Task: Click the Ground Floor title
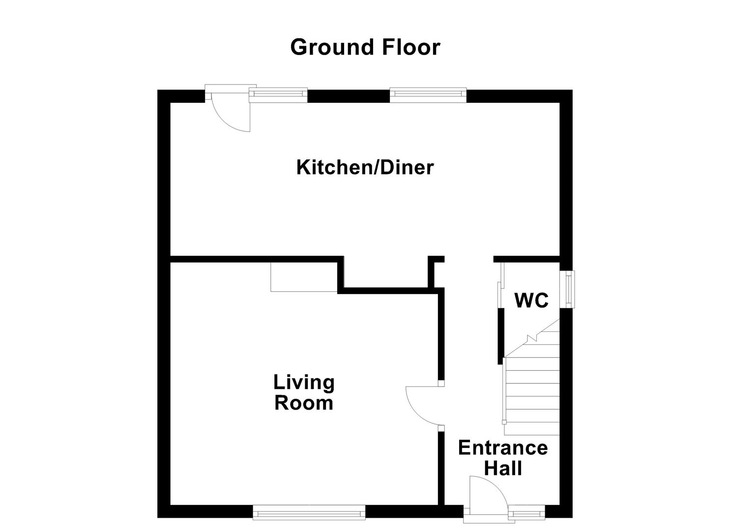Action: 365,47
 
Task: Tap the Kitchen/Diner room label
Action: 365,168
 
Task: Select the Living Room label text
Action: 304,392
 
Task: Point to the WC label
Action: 531,300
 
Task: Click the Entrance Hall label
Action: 502,458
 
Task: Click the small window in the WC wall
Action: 569,290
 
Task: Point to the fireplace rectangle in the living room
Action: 304,277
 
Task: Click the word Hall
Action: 502,468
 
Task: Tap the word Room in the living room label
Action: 304,403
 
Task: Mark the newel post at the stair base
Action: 504,422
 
